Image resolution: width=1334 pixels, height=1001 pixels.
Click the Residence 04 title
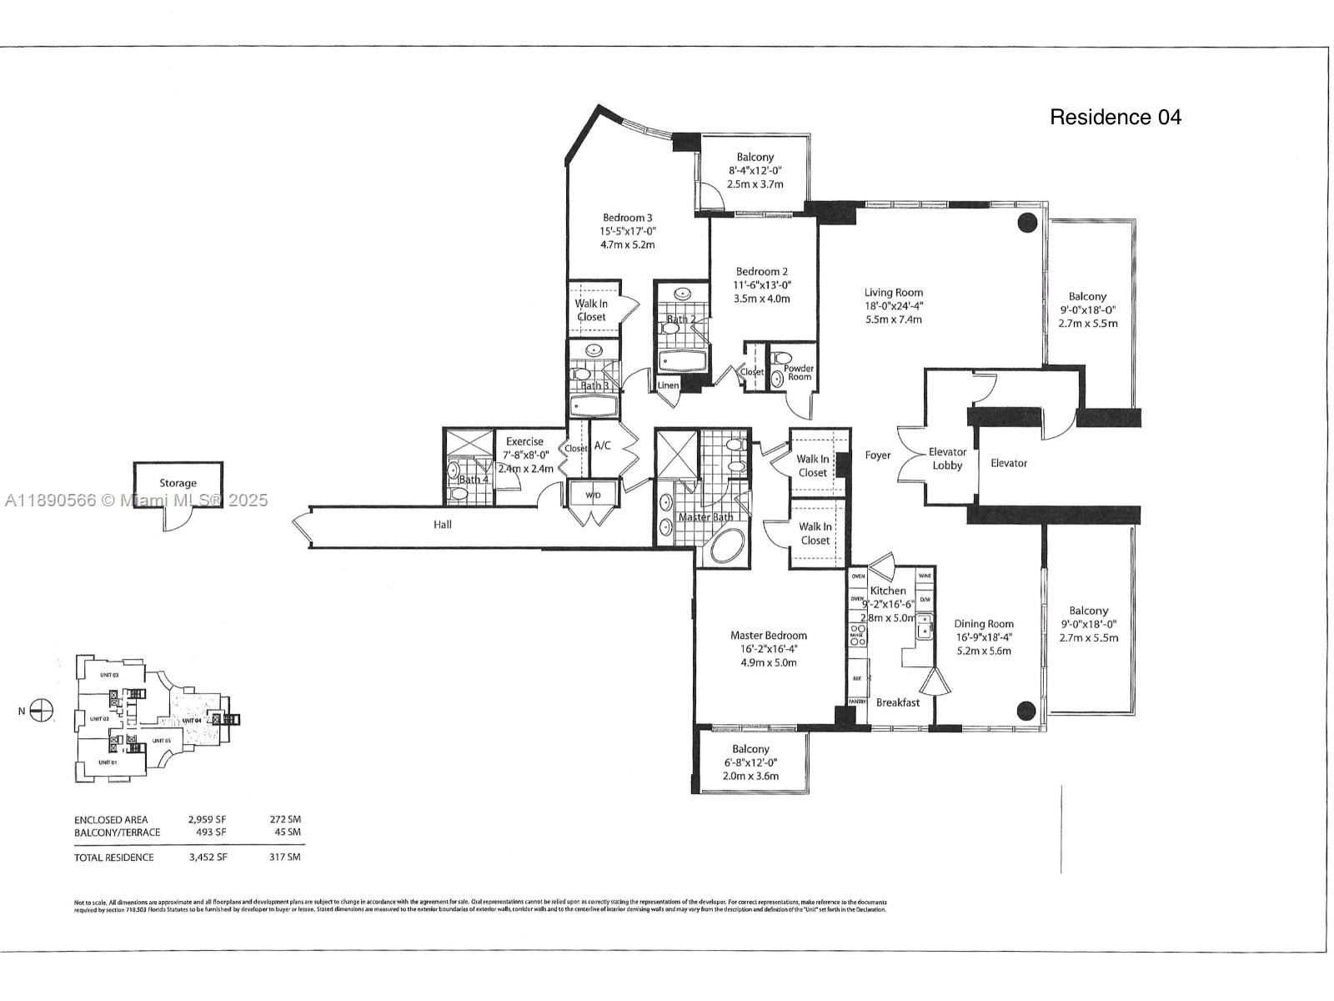[x=1115, y=118]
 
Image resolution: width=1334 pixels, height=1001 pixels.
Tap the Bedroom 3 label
[x=628, y=219]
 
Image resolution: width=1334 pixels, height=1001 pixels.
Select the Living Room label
[x=893, y=293]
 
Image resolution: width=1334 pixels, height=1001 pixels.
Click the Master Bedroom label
[x=768, y=636]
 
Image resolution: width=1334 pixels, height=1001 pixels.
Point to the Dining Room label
[x=984, y=624]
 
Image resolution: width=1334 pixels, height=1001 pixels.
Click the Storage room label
[x=178, y=483]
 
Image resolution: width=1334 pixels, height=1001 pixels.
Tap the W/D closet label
[x=593, y=495]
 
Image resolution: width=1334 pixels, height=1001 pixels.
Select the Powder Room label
[x=799, y=373]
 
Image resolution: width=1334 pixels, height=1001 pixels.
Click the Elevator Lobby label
[x=947, y=459]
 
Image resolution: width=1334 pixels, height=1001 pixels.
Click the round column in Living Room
[x=1026, y=223]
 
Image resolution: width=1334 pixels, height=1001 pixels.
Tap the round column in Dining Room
[x=1026, y=711]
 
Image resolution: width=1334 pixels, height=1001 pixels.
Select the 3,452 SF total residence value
[x=208, y=857]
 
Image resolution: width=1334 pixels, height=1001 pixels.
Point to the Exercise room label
[x=524, y=442]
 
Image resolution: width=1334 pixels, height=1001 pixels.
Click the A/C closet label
[x=602, y=445]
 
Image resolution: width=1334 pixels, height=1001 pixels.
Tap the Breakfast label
[x=898, y=702]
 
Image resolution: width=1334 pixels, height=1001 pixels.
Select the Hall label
[x=443, y=525]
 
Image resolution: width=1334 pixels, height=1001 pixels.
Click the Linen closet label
[x=668, y=385]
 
